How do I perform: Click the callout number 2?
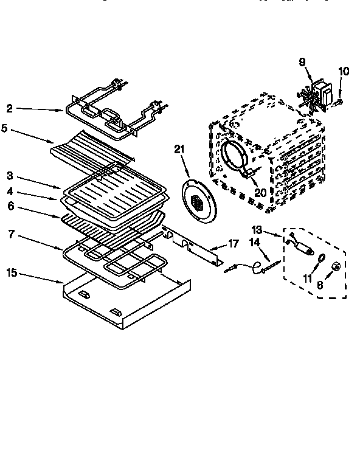pyautogui.click(x=10, y=109)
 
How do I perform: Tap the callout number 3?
pyautogui.click(x=10, y=176)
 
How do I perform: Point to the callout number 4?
pyautogui.click(x=10, y=192)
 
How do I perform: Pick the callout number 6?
pyautogui.click(x=10, y=207)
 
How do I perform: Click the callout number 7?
pyautogui.click(x=10, y=232)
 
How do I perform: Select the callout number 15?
pyautogui.click(x=12, y=273)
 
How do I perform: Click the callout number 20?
pyautogui.click(x=261, y=192)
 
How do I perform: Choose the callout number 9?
pyautogui.click(x=302, y=61)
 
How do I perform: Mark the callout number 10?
pyautogui.click(x=344, y=71)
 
